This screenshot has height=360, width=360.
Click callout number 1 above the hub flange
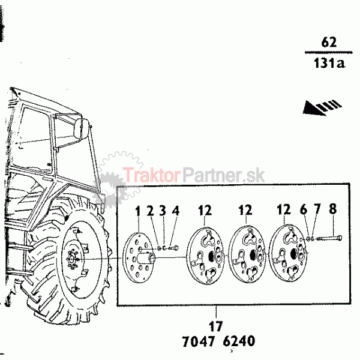point(137,211)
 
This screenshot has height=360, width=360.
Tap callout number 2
point(150,211)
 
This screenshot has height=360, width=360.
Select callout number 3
point(163,211)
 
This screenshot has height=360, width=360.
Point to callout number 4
point(176,210)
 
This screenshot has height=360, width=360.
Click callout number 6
point(304,209)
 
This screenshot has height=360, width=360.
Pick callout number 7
point(317,209)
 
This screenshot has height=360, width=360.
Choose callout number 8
point(332,208)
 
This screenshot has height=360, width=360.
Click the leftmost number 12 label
point(205,210)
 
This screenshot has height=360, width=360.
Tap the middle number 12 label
point(245,209)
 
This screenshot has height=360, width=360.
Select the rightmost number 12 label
point(284,209)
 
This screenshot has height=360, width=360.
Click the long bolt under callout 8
point(329,238)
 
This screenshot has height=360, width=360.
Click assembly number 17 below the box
point(215,326)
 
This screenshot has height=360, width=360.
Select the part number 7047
point(199,341)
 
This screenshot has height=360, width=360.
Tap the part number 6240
point(239,341)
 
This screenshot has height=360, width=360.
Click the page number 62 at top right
point(329,42)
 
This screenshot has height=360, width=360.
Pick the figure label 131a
point(329,62)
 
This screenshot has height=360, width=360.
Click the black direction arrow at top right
point(322,107)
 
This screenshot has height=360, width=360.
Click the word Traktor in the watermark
point(151,174)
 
